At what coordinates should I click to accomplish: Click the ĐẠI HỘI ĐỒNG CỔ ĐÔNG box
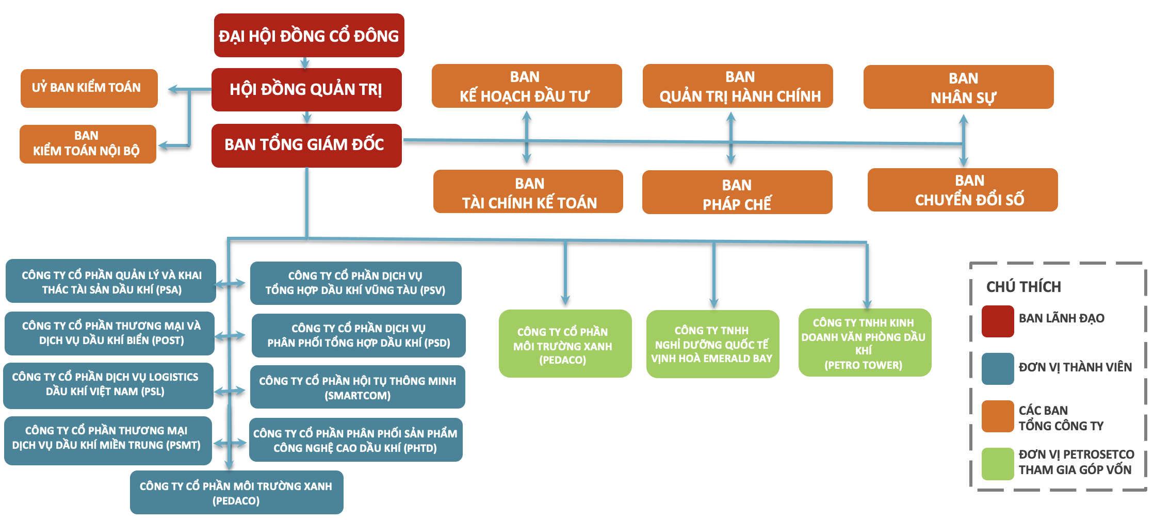[x=309, y=36]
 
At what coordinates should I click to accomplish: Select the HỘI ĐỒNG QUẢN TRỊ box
[x=306, y=89]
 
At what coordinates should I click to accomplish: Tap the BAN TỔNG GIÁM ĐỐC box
[x=306, y=145]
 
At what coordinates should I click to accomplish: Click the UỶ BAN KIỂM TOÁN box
[x=89, y=88]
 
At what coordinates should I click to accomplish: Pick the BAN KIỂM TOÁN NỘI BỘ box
[x=88, y=144]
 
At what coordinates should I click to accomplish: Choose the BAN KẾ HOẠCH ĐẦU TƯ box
[x=526, y=86]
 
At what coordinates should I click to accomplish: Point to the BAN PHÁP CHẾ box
[x=737, y=192]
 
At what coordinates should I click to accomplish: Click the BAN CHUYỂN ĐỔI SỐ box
[x=962, y=190]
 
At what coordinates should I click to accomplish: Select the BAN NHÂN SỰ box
[x=958, y=87]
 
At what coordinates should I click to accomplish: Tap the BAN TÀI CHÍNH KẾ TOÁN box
[x=528, y=192]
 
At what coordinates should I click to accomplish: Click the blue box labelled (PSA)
[x=111, y=281]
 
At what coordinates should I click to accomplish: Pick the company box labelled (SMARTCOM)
[x=357, y=387]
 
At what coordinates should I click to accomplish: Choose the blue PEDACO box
[x=236, y=493]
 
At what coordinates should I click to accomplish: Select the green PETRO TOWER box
[x=864, y=343]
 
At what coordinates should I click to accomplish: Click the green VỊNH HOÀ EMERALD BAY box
[x=712, y=344]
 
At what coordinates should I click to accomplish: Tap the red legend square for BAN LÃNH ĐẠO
[x=997, y=321]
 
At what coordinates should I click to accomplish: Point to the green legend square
[x=997, y=464]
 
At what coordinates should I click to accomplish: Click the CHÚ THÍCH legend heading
[x=1023, y=287]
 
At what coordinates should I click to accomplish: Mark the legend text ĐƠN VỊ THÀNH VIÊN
[x=1075, y=367]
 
